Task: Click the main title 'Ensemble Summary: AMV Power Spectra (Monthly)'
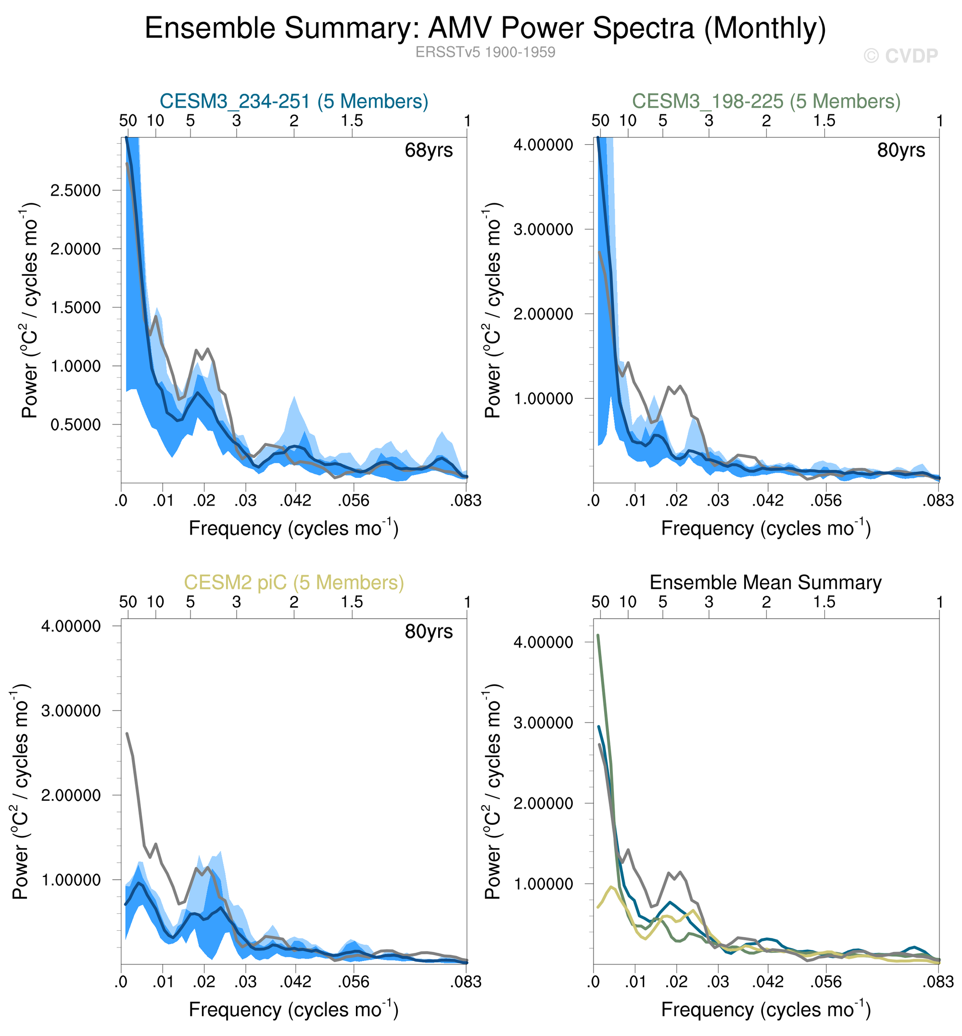pos(485,28)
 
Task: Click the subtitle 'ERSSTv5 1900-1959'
pos(485,52)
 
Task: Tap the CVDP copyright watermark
pos(900,56)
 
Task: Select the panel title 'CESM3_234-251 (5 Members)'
pos(293,101)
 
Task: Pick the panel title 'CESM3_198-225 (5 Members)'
pos(766,101)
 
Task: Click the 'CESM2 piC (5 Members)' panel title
pos(293,583)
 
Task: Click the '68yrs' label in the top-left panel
pos(429,151)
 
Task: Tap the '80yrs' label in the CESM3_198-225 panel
pos(901,151)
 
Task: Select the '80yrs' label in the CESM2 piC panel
pos(429,632)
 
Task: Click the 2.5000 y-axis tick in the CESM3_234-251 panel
pos(76,190)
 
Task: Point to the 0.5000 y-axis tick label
pos(76,425)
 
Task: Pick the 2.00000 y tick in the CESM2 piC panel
pos(71,796)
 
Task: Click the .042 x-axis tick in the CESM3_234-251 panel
pos(295,501)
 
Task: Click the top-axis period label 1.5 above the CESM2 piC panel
pos(352,602)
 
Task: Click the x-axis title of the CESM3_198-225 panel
pos(766,528)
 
